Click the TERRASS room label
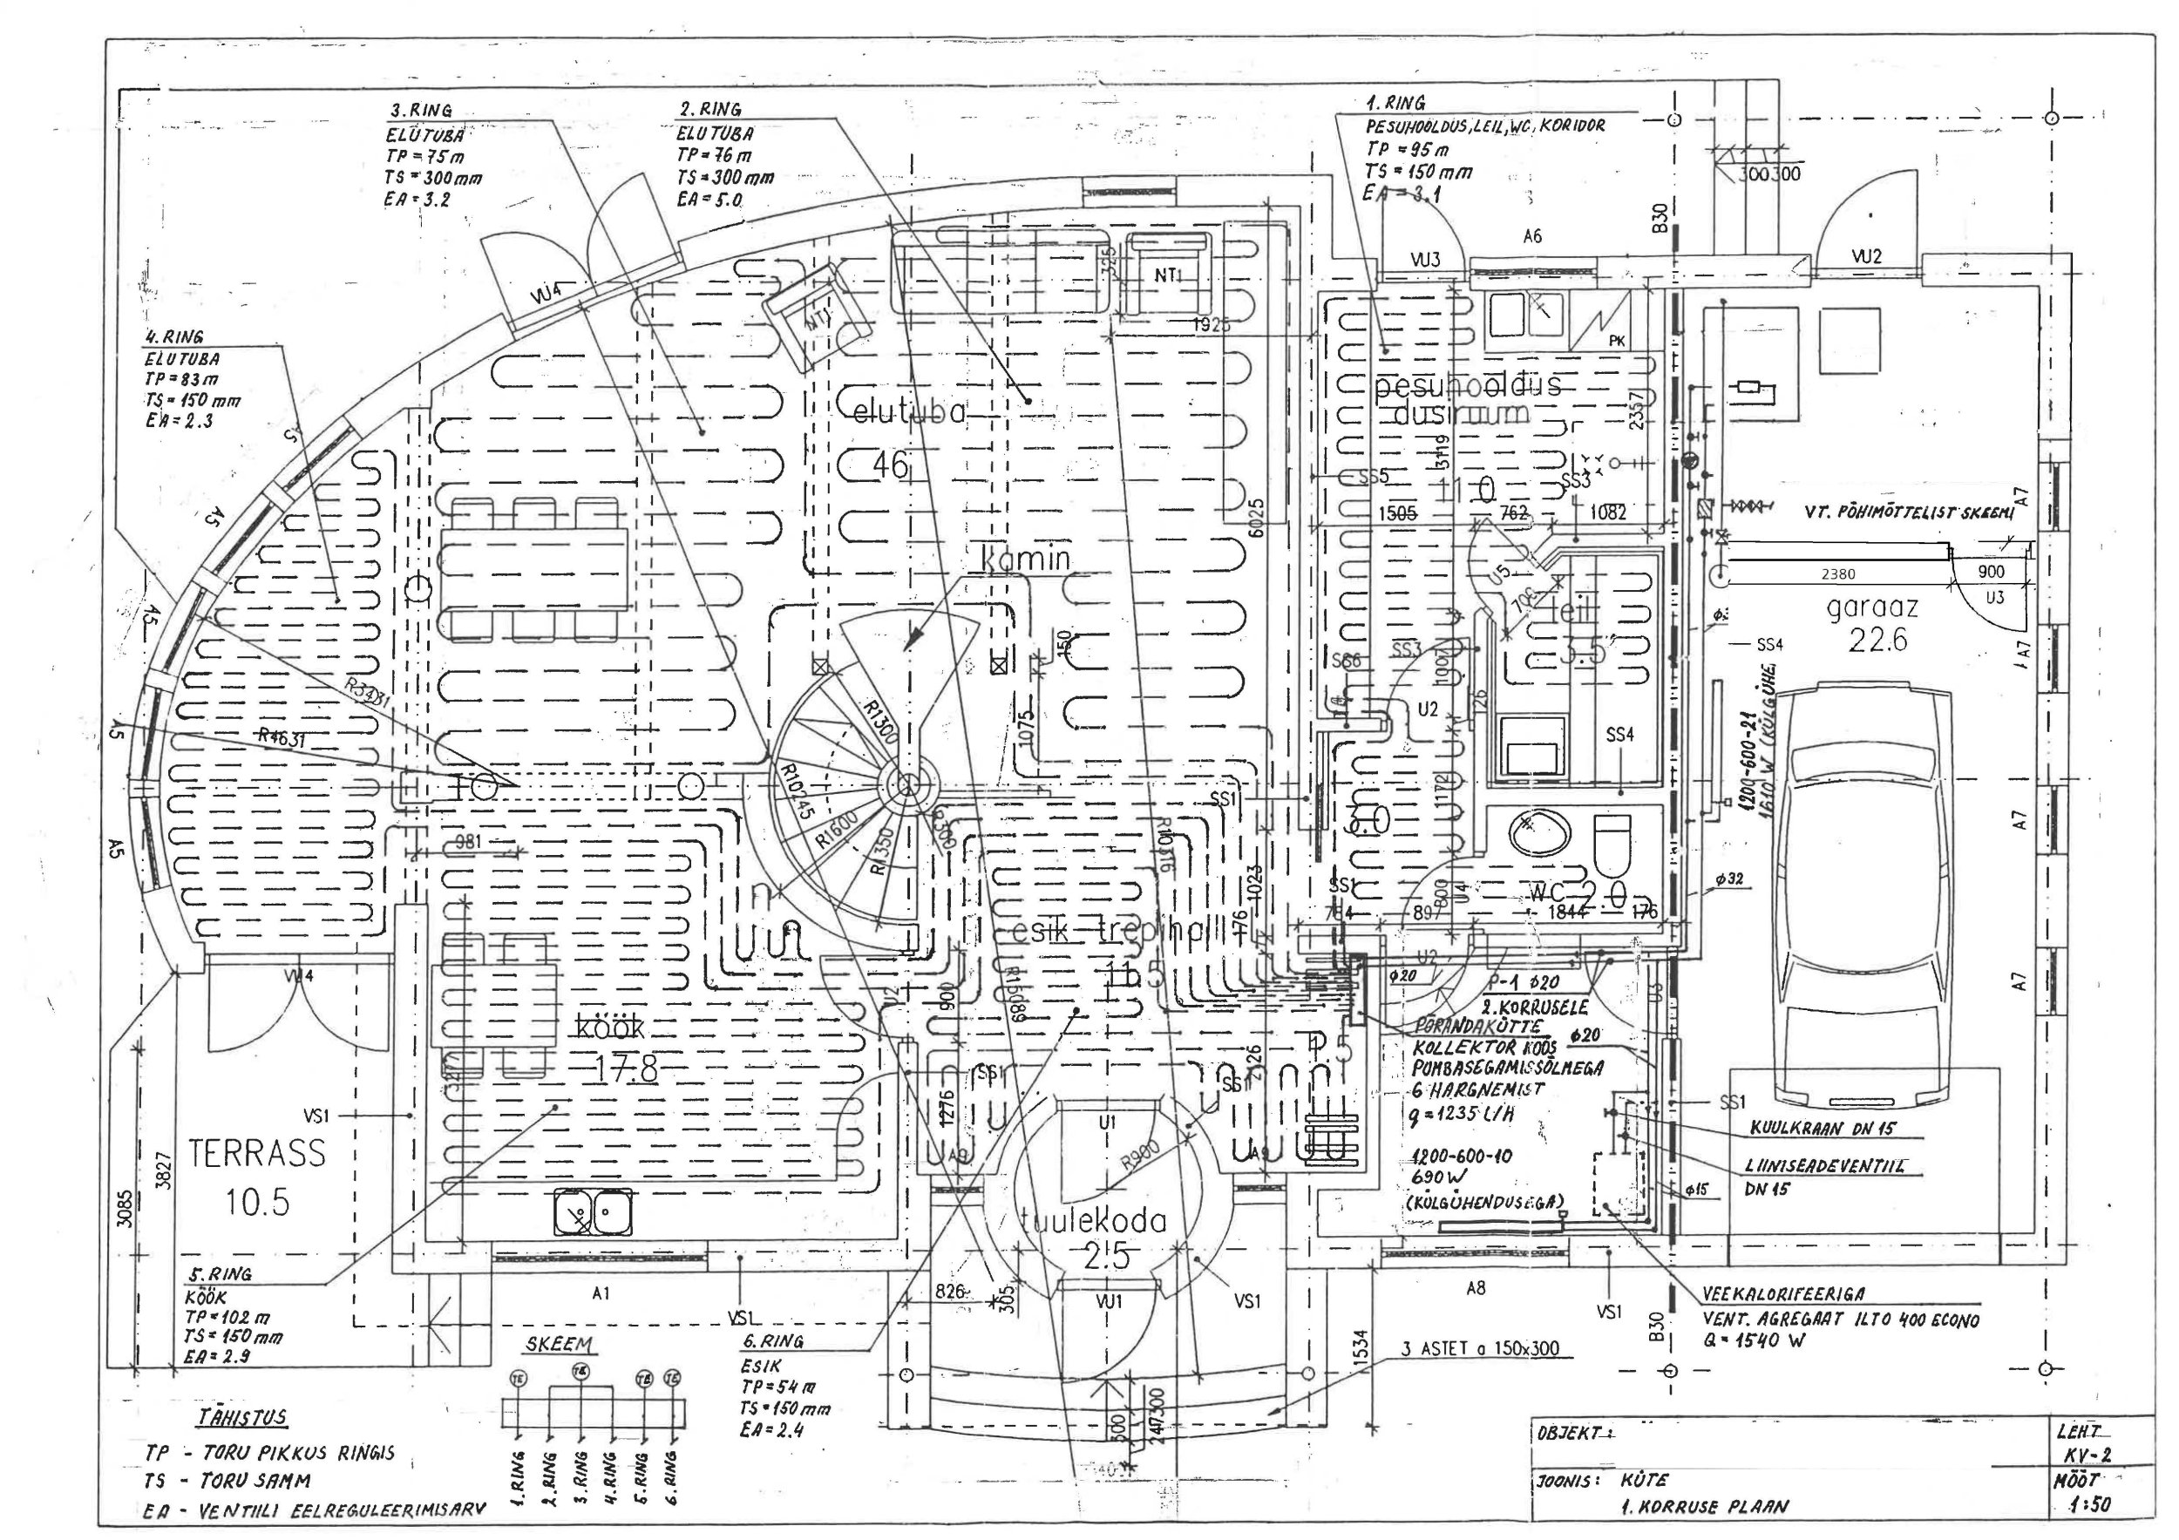(256, 1153)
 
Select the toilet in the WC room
(1612, 845)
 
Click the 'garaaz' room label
(1872, 607)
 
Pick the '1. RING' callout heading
(1395, 103)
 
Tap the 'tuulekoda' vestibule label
(1093, 1220)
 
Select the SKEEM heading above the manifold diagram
(559, 1344)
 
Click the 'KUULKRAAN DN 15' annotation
(1823, 1130)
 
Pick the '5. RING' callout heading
(220, 1273)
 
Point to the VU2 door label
(1866, 256)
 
